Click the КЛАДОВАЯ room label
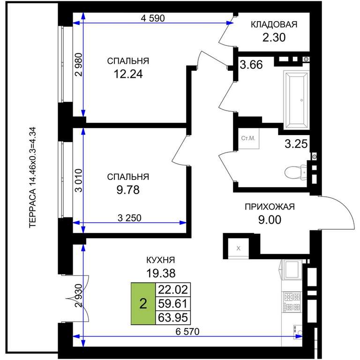[x=274, y=24]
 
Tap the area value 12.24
[x=128, y=74]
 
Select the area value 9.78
[x=128, y=190]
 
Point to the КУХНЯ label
[x=161, y=260]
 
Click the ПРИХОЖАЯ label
[x=270, y=207]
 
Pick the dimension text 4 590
[x=153, y=18]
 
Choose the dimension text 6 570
[x=187, y=331]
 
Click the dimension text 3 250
[x=129, y=218]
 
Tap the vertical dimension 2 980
[x=79, y=65]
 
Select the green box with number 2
[x=143, y=304]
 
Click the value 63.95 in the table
[x=173, y=318]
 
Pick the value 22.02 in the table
[x=173, y=290]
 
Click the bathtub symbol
[x=296, y=100]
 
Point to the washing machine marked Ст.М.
[x=248, y=138]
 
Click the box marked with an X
[x=238, y=248]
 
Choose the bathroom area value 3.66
[x=251, y=65]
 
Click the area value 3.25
[x=296, y=144]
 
